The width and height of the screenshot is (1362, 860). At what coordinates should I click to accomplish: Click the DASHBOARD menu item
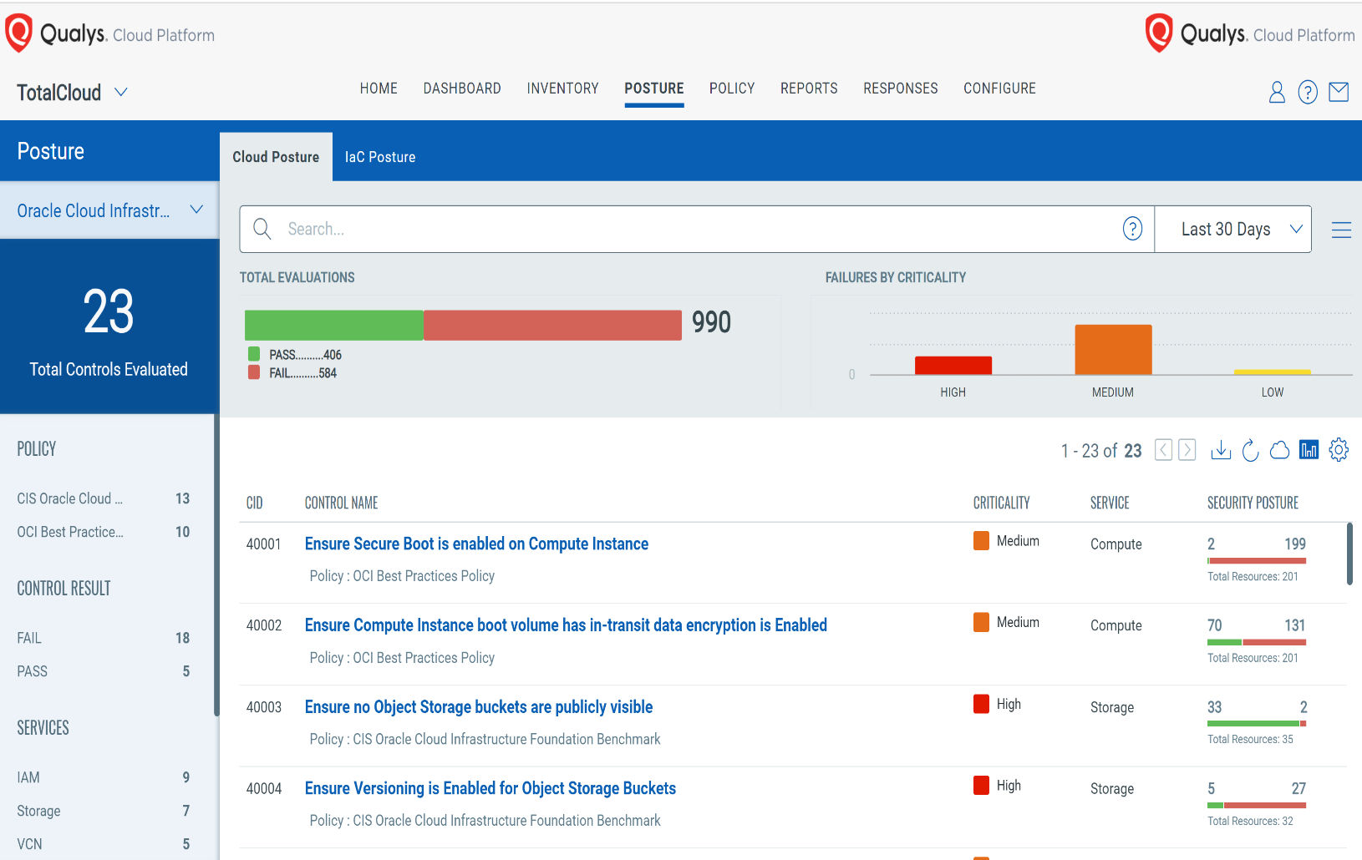[461, 89]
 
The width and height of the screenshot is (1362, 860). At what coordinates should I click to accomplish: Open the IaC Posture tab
[379, 157]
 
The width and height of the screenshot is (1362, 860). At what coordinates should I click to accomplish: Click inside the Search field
[668, 229]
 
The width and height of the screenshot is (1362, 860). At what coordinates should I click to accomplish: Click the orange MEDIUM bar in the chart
[1112, 350]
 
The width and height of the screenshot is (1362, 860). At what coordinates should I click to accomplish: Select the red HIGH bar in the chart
[953, 366]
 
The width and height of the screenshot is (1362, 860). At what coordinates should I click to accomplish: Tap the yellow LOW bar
[1272, 372]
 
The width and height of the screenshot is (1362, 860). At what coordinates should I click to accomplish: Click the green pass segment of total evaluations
[333, 325]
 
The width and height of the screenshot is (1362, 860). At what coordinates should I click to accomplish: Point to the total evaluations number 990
[711, 322]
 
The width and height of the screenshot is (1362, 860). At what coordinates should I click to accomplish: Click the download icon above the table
[1221, 450]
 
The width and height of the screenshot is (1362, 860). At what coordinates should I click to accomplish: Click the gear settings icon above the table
[1339, 450]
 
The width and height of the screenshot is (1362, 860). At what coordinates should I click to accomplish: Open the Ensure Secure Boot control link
[476, 544]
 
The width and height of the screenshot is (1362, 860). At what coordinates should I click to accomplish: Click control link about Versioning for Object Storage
[490, 788]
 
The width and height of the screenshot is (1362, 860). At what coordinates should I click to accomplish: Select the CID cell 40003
[263, 707]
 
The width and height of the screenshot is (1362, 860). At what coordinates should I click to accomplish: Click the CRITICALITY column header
[1001, 503]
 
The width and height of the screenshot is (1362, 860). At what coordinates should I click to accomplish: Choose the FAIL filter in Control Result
[29, 638]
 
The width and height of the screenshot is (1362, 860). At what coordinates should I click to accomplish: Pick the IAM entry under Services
[28, 777]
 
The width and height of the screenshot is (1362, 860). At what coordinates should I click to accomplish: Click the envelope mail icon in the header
[1339, 92]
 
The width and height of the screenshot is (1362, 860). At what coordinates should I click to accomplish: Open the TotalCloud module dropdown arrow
[121, 92]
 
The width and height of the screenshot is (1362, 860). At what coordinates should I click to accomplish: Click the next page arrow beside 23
[1187, 450]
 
